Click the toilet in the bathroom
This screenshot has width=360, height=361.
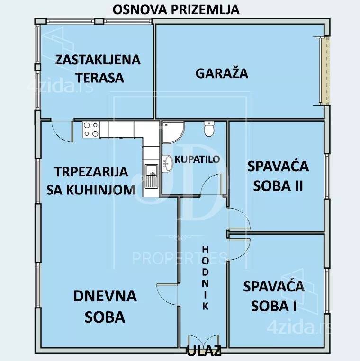point(209,129)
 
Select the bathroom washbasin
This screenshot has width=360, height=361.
point(167,163)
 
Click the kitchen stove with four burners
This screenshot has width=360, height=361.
point(91,130)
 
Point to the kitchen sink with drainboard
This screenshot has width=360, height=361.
point(152,176)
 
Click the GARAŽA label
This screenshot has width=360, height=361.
point(222,74)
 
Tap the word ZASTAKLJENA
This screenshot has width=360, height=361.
point(98,60)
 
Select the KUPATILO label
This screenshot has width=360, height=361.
point(197,159)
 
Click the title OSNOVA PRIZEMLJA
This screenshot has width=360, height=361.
point(176,9)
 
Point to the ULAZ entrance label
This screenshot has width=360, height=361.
point(204,352)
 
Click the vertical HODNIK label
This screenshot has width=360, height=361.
point(206,278)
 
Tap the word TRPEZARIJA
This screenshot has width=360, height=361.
point(91,172)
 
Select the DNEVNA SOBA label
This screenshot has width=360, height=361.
point(105,307)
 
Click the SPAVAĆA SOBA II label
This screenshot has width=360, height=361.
point(278,176)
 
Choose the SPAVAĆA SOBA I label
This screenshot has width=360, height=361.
point(274,296)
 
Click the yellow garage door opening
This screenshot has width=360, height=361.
point(326,70)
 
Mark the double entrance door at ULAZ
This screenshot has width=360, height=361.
point(203,341)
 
